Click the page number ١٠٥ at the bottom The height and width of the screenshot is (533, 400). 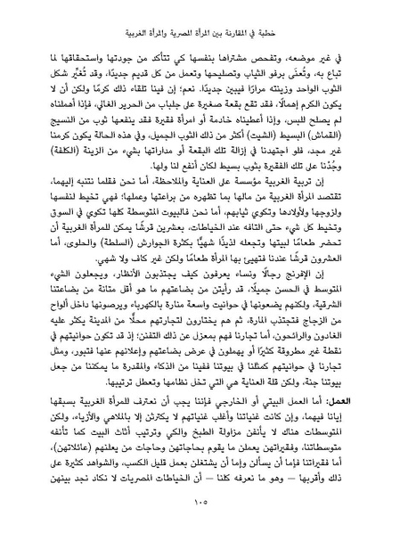coord(200,504)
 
